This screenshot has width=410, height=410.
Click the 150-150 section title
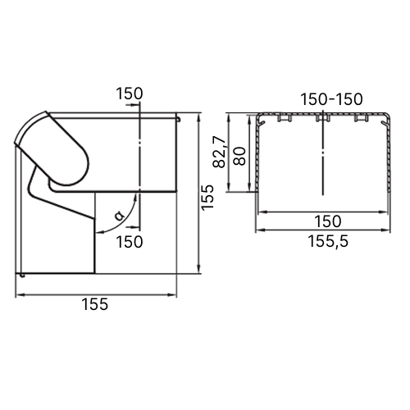pos(331,99)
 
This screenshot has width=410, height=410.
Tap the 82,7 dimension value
pos(219,152)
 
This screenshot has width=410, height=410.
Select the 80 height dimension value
pos(239,156)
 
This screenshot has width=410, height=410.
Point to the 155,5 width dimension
pos(328,241)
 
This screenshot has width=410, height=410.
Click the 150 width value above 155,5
pos(328,221)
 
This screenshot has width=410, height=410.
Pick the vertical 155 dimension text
pos(207,198)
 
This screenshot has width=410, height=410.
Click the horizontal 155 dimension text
pos(95,304)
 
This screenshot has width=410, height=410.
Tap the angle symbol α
pos(119,216)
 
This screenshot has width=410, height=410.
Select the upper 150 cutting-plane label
pos(130,93)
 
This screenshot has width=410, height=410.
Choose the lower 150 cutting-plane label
pos(130,242)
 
